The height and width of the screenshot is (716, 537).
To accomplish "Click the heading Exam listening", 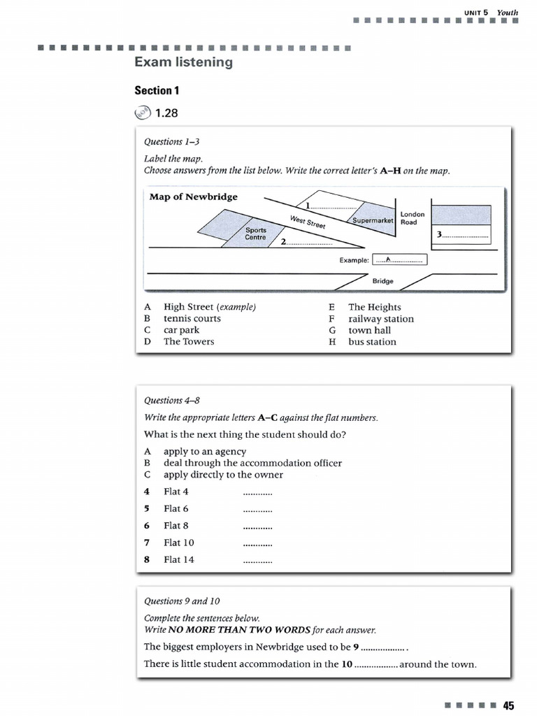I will coord(183,63).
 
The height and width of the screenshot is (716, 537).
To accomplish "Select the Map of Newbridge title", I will coord(194,196).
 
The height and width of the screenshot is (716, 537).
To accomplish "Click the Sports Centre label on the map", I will coord(255,234).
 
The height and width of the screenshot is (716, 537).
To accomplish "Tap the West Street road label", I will coord(308,223).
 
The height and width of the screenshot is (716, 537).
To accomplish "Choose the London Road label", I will coord(412,218).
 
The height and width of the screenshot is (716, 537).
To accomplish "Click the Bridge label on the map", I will coord(382,281).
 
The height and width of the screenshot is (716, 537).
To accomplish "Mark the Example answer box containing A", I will coord(399,260).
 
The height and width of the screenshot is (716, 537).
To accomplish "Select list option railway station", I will coord(381,319).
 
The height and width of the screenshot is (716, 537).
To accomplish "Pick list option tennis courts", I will coord(192,318).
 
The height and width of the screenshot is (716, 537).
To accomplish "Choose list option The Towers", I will coord(189,341).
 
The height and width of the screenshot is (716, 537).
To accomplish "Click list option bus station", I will coord(372,342).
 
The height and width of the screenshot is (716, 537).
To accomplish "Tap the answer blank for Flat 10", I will coord(257,543).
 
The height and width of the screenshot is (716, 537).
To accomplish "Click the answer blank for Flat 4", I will coord(257,492).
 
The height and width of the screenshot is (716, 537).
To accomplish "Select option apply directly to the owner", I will coord(223,475).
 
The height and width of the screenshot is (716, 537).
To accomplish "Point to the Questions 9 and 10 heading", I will coord(182,601).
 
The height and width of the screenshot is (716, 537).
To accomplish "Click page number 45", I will coord(508,705).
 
